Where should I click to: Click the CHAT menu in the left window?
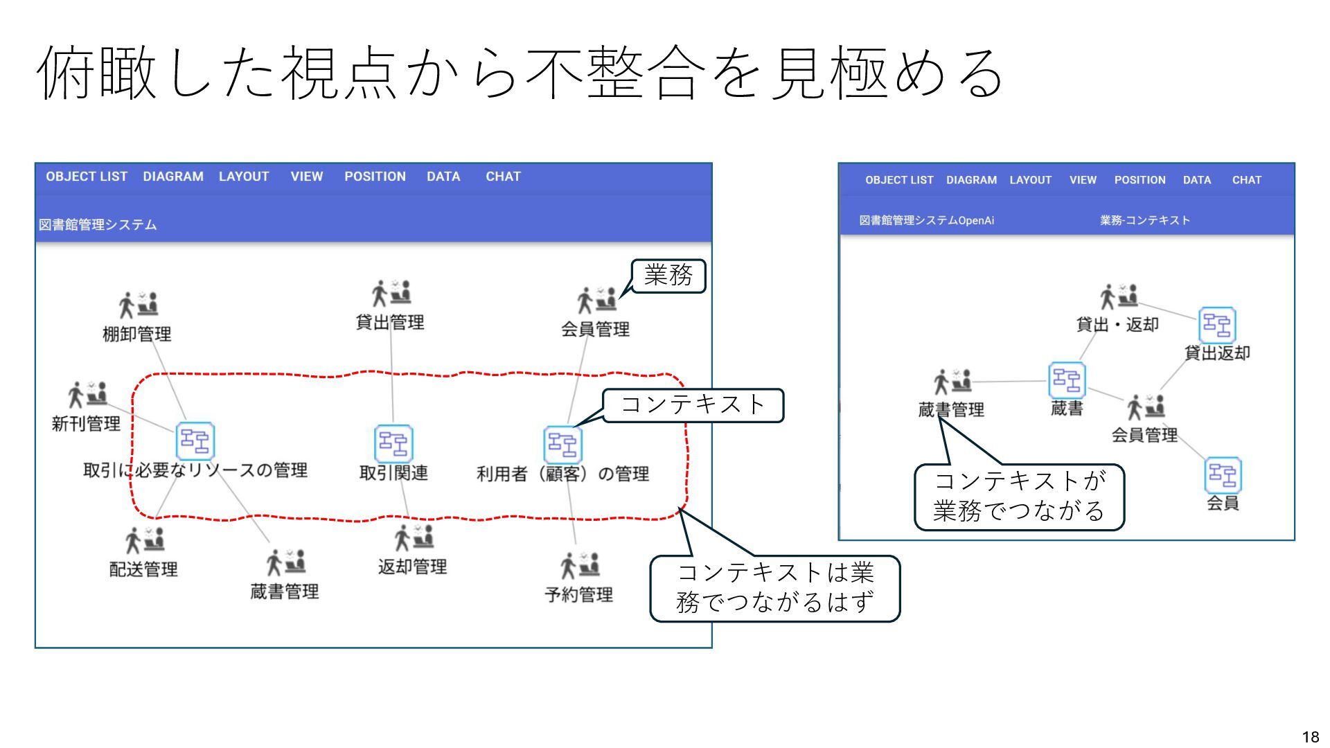[x=503, y=177]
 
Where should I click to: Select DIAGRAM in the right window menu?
[x=971, y=180]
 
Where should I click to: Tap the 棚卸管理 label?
[x=137, y=334]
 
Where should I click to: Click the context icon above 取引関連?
[x=393, y=443]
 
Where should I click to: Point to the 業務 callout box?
[x=668, y=276]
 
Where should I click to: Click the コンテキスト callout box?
[x=693, y=405]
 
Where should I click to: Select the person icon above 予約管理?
[x=580, y=566]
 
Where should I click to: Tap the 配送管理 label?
[x=143, y=569]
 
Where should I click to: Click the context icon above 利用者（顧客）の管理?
[x=562, y=445]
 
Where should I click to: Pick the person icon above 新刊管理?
[x=87, y=394]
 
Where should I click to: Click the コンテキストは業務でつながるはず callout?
[x=774, y=588]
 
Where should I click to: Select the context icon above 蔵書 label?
[x=1066, y=380]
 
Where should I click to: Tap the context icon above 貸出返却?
[x=1217, y=325]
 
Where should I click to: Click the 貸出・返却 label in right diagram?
[x=1117, y=324]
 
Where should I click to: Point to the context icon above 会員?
[x=1223, y=475]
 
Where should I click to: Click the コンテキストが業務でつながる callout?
[x=1019, y=497]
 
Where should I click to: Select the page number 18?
[x=1310, y=737]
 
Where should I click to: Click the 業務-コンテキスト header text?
[x=1144, y=220]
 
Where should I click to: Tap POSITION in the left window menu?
[x=375, y=177]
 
